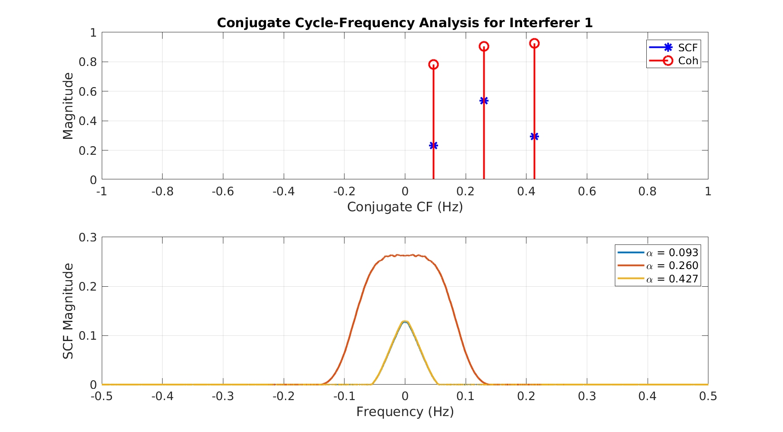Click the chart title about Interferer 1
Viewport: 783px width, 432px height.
[x=404, y=23]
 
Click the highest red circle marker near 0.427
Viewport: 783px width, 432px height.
[x=534, y=44]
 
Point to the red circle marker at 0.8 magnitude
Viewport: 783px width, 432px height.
[x=433, y=65]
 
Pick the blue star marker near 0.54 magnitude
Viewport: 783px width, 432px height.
[x=484, y=101]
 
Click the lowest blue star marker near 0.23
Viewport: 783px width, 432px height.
[x=433, y=146]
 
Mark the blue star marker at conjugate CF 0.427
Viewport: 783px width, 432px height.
[x=534, y=137]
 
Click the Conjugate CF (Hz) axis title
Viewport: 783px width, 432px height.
[x=404, y=207]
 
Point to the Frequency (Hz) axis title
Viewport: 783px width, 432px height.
[x=404, y=412]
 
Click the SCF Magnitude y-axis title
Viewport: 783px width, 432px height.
[x=68, y=311]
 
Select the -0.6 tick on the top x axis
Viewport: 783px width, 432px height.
[x=222, y=191]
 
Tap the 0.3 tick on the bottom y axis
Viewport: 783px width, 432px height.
[x=88, y=238]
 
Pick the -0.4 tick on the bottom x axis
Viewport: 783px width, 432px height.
[x=162, y=396]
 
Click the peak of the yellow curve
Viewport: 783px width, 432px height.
[x=404, y=321]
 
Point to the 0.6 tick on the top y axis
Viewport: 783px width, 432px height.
[x=88, y=92]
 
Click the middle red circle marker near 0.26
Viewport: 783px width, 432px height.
[x=484, y=47]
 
